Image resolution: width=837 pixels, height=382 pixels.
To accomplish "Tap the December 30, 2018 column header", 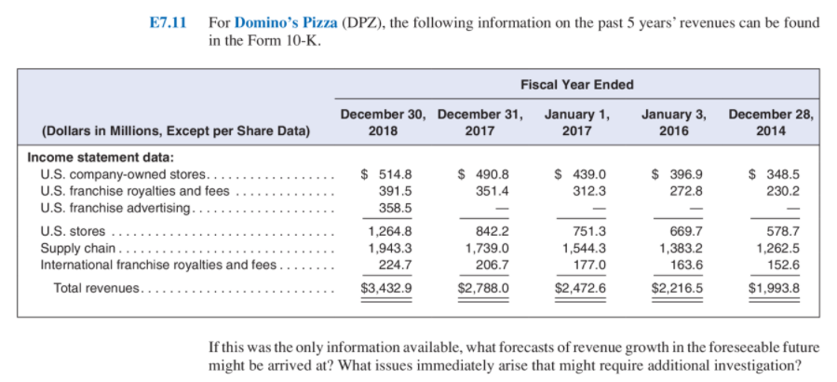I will coord(383,123).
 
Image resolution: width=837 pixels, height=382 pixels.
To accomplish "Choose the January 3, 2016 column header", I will coord(673,123).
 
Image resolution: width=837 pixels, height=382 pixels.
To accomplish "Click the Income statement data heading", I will coord(88,157).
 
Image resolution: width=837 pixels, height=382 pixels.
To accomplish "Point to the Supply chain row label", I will coord(79,248).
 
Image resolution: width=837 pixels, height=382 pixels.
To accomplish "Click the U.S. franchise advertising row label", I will coord(116,206).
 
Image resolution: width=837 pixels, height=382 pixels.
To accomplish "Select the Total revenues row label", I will coord(97,288).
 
